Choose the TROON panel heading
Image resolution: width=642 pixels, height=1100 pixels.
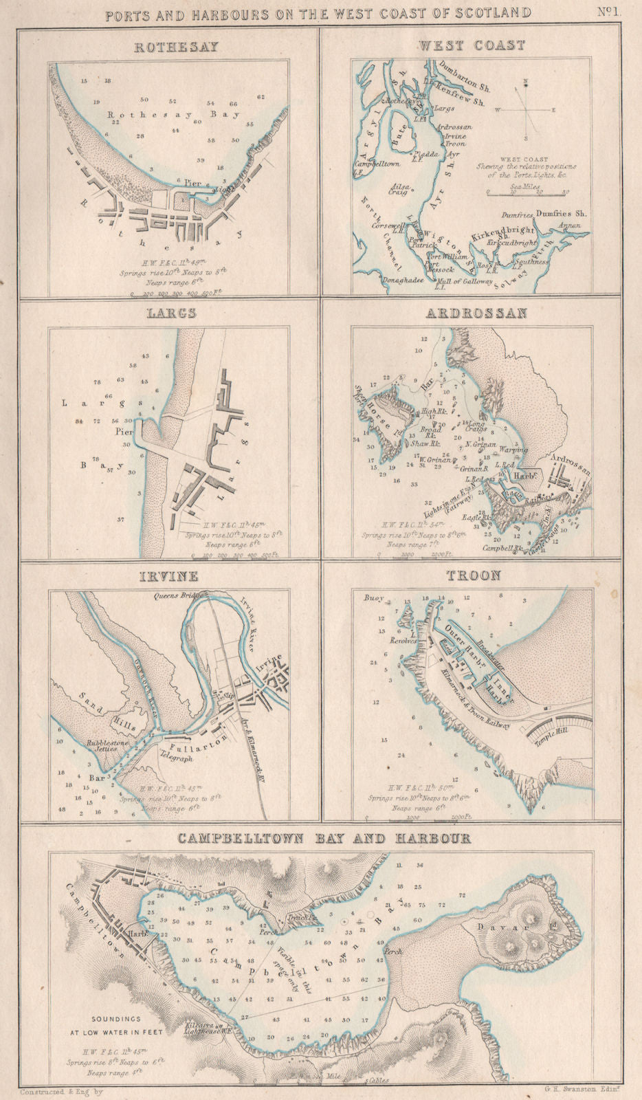point(474,575)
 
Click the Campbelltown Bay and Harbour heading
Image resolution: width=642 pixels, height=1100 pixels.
point(324,839)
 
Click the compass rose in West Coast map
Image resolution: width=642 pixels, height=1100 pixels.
point(526,107)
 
